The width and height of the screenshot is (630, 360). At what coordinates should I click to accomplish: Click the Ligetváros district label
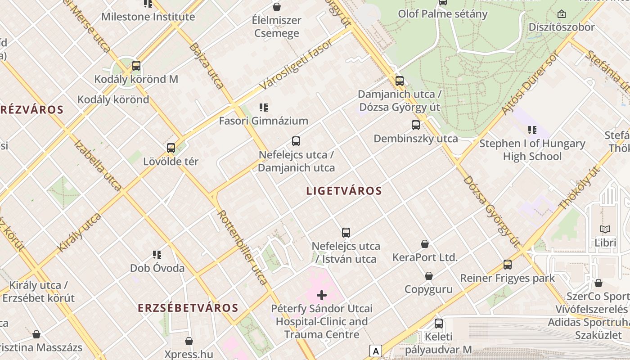click(x=344, y=191)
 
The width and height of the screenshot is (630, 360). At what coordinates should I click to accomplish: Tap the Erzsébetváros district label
click(x=188, y=308)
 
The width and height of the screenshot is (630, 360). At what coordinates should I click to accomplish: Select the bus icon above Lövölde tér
click(x=171, y=148)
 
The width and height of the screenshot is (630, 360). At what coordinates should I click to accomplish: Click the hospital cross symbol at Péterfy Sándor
click(x=322, y=295)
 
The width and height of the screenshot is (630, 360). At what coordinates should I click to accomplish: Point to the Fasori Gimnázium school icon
click(x=264, y=108)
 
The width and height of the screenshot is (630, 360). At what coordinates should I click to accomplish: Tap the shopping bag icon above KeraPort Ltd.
click(x=425, y=244)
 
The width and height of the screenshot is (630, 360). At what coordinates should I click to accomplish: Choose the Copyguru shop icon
click(x=429, y=276)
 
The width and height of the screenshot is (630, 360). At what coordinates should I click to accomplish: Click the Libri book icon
click(x=605, y=229)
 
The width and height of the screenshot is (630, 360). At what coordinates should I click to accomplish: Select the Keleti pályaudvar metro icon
click(x=439, y=323)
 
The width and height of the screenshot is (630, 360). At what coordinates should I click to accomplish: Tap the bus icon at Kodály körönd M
click(x=136, y=66)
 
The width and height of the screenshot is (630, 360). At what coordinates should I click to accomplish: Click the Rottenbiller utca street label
click(x=242, y=247)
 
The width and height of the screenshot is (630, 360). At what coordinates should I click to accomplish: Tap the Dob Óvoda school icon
click(x=157, y=255)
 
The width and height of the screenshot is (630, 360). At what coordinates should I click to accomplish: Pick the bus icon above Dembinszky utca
click(x=416, y=125)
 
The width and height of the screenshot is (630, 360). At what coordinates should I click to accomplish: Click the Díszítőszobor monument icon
click(x=561, y=14)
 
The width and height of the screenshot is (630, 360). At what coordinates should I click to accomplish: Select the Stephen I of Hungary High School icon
click(x=532, y=130)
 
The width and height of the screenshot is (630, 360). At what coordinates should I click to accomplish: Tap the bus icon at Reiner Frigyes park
click(x=508, y=265)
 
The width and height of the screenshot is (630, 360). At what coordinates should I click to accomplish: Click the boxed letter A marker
click(x=375, y=351)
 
